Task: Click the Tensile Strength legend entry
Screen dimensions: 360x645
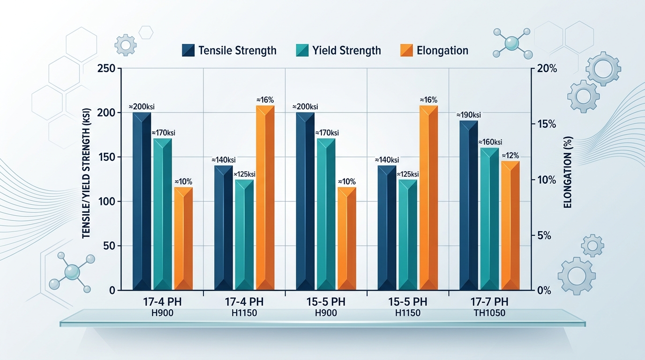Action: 229,50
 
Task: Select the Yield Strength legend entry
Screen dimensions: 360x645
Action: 338,50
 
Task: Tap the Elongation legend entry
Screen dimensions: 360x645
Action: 435,50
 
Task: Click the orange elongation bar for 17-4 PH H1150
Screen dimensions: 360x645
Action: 265,197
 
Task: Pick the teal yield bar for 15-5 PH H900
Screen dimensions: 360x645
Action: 326,214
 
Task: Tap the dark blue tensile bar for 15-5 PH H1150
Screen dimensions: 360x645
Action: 387,227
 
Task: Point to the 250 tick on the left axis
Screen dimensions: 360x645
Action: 106,68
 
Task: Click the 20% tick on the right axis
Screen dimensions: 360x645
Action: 546,68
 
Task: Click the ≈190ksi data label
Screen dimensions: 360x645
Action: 469,115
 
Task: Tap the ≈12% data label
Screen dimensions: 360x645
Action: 511,156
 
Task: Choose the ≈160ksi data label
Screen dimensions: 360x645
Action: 490,142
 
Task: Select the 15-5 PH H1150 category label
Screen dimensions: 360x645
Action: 408,307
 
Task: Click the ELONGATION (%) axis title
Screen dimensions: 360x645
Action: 568,178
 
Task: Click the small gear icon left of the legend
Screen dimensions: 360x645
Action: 125,45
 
